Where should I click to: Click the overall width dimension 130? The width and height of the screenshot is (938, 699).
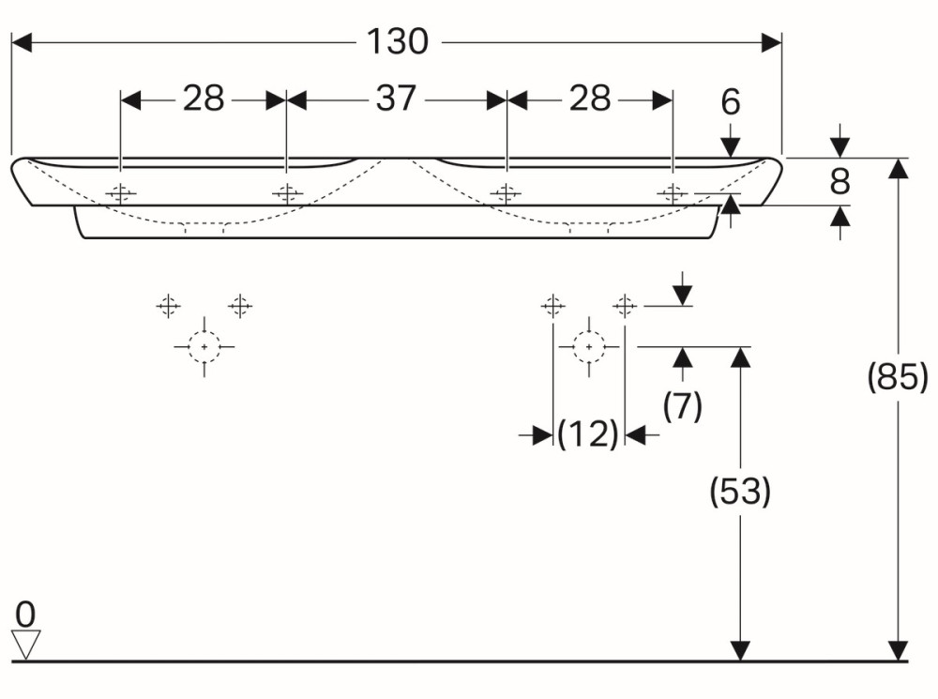(397, 42)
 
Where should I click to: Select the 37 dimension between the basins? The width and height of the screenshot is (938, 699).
(396, 99)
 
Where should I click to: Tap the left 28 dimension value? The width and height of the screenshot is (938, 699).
(204, 99)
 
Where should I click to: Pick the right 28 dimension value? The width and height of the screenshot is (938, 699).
(590, 99)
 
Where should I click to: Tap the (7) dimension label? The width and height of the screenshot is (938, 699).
(682, 406)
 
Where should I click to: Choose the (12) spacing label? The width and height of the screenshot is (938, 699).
(588, 434)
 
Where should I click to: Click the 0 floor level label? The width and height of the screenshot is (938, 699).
(25, 615)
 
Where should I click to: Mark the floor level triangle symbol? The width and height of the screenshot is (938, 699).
(25, 644)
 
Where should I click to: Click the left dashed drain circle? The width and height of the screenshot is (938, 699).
(204, 347)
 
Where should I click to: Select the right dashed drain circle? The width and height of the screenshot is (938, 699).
(589, 347)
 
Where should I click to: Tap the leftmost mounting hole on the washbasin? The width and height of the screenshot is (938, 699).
(120, 194)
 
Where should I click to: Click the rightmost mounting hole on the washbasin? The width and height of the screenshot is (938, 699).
(672, 194)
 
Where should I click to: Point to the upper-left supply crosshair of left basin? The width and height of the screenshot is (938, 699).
(168, 306)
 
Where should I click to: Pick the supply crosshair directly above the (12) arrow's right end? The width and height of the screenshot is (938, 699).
(626, 306)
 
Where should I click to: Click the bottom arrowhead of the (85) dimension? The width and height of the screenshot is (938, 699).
(899, 651)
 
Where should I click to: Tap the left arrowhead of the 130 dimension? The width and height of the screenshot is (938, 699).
(21, 42)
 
